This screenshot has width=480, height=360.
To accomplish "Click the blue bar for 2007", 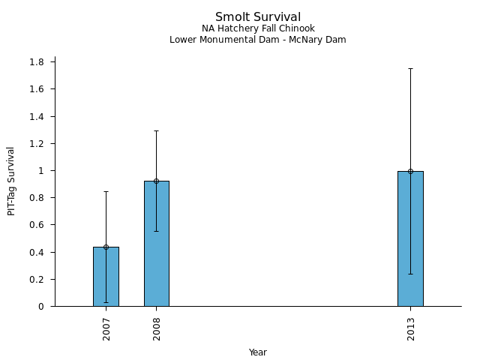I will [106, 277].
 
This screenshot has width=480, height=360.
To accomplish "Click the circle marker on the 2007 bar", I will [106, 247].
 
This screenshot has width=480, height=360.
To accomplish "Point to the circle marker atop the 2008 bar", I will [156, 181].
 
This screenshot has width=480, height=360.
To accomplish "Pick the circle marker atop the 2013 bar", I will [410, 171].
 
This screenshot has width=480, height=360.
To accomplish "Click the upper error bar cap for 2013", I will [410, 68].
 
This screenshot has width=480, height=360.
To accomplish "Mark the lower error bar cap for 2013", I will [410, 274].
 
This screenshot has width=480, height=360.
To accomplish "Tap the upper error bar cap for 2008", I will [156, 130].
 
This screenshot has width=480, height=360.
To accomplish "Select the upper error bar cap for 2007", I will [106, 191].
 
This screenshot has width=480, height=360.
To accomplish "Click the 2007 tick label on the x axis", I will [106, 328].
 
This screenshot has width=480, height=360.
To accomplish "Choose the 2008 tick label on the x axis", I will [157, 328].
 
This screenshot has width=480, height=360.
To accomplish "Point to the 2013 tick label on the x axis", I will [411, 328].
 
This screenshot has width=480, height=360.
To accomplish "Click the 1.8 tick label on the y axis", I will [37, 61].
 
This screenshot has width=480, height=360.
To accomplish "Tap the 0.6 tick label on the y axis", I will [37, 225].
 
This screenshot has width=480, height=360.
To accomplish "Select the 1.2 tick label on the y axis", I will [37, 143].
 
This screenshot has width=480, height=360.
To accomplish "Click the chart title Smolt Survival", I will [258, 17].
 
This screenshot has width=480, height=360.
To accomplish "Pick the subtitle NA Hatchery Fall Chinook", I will [258, 29].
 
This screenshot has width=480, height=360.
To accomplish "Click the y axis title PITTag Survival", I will [11, 181].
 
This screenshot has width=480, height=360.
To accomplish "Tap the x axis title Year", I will [258, 352].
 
